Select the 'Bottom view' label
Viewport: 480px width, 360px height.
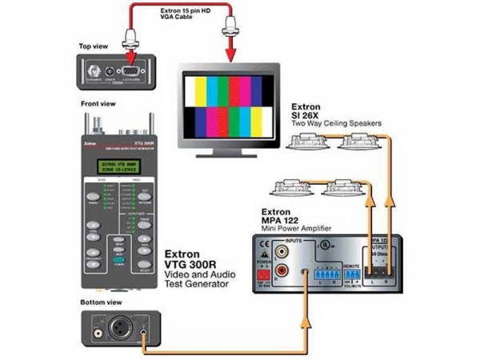100,302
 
